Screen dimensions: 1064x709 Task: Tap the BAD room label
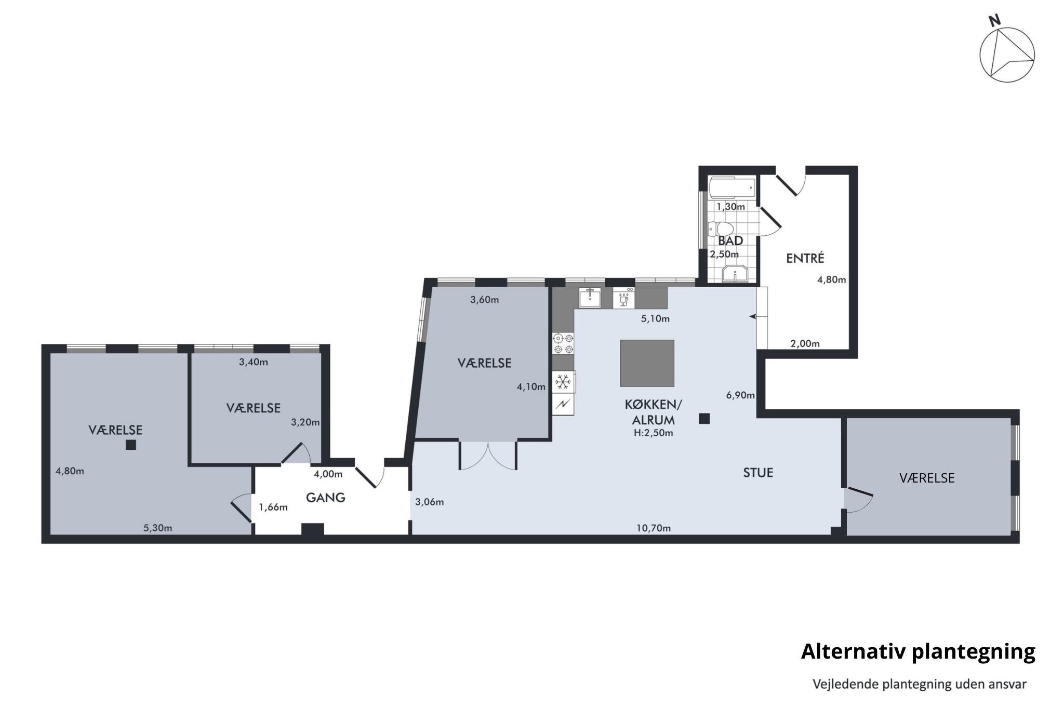pos(730,241)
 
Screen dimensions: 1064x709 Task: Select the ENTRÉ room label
pos(805,258)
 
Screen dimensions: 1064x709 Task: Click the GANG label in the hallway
pos(326,498)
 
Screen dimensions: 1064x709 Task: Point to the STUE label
pos(758,473)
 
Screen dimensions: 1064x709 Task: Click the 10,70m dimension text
pos(654,528)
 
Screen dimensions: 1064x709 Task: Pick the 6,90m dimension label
pos(740,395)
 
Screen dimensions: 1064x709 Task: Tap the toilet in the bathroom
pos(721,229)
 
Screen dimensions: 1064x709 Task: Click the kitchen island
pos(647,363)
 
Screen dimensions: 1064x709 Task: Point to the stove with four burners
pos(563,343)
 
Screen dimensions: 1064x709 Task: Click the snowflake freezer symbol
pos(563,383)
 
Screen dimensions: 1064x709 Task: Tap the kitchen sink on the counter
pos(590,298)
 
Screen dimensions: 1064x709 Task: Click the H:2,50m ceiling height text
pos(653,433)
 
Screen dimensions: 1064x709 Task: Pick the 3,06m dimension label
pos(430,502)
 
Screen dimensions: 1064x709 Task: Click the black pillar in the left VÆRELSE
pos(131,445)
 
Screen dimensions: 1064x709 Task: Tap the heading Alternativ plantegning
pos(918,652)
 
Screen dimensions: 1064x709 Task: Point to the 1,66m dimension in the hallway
pos(273,507)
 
